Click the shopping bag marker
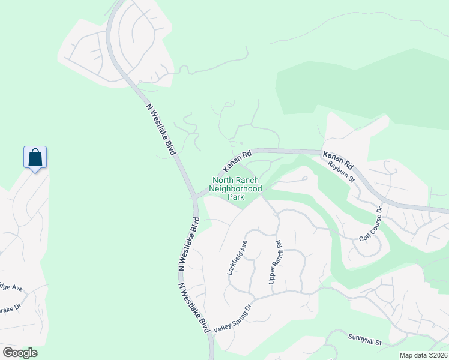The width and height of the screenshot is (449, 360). [x=35, y=158]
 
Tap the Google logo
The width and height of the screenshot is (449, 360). [x=20, y=353]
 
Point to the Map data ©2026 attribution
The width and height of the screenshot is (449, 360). [x=423, y=355]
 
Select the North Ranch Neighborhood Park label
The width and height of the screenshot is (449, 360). [x=235, y=188]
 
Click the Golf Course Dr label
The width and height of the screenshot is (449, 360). [x=370, y=224]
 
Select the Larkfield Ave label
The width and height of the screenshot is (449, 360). [x=237, y=258]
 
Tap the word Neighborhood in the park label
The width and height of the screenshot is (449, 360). [x=235, y=188]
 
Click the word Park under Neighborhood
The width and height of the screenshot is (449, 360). [x=235, y=197]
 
